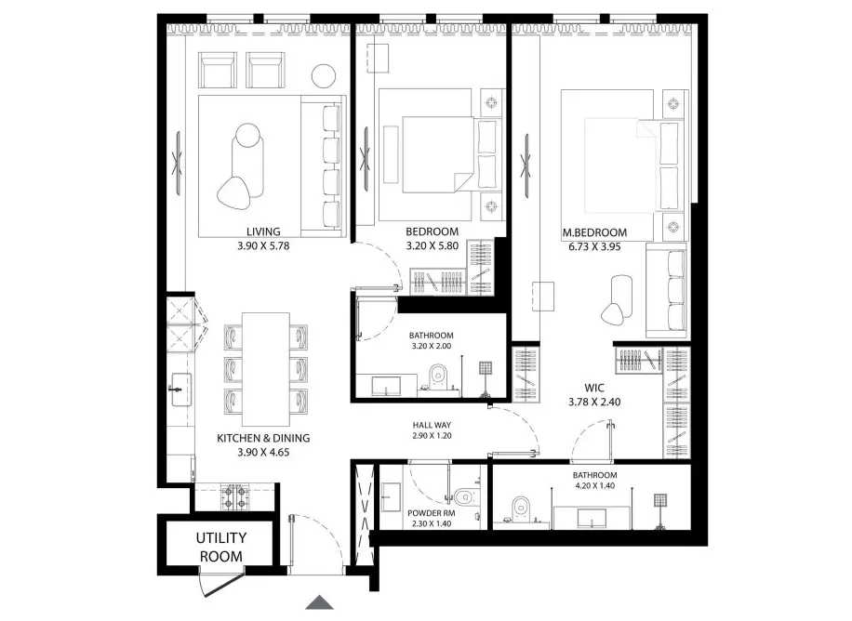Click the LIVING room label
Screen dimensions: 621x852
(x=263, y=231)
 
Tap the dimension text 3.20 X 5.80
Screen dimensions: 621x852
(x=433, y=247)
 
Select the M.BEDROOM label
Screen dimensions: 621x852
(x=595, y=232)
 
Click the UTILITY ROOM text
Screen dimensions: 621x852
(x=220, y=547)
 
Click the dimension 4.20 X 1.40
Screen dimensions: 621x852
(x=594, y=487)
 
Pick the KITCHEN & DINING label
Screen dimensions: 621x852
(x=263, y=438)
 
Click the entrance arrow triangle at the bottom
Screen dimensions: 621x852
(x=320, y=602)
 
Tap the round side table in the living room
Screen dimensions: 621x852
(x=324, y=74)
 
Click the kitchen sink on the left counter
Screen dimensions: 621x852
(x=180, y=384)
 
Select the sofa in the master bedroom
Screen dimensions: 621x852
(x=668, y=292)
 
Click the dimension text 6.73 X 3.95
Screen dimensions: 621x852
(x=595, y=247)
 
